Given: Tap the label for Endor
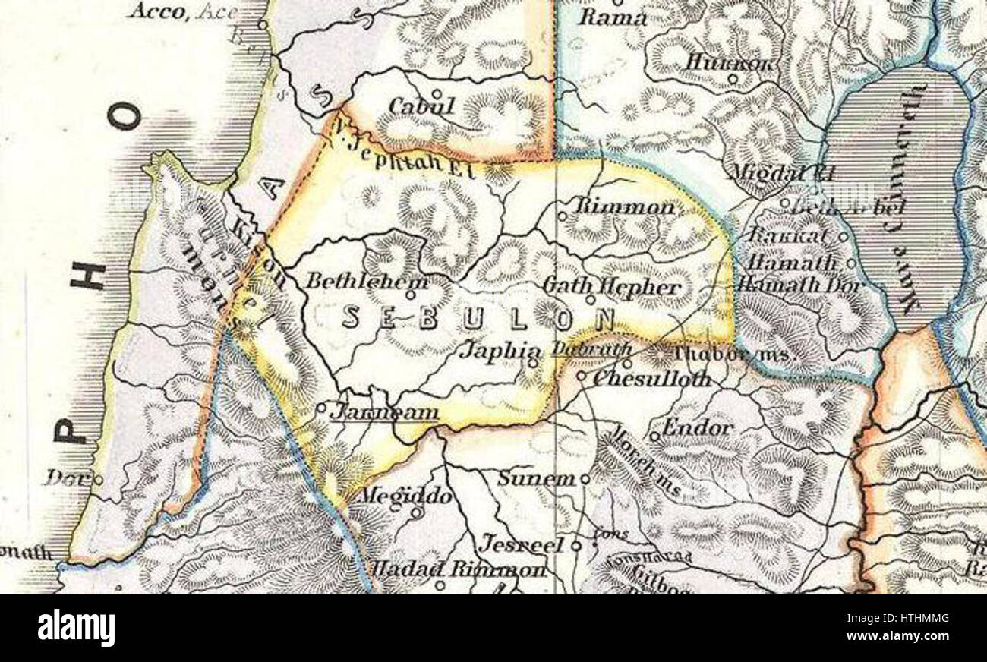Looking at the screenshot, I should click(697, 427).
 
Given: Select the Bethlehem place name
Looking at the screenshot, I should click(367, 281).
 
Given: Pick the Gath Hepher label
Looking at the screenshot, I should click(612, 287).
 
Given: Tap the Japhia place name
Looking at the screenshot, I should click(502, 351).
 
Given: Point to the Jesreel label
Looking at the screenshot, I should click(522, 545).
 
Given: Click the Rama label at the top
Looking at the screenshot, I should click(613, 17).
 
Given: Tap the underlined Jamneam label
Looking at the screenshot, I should click(384, 412).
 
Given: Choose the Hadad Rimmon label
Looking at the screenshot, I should click(457, 569).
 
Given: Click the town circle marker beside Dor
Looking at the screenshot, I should click(98, 479).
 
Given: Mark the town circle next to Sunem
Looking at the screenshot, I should click(585, 479).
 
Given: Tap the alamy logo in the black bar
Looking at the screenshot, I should click(76, 628).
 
